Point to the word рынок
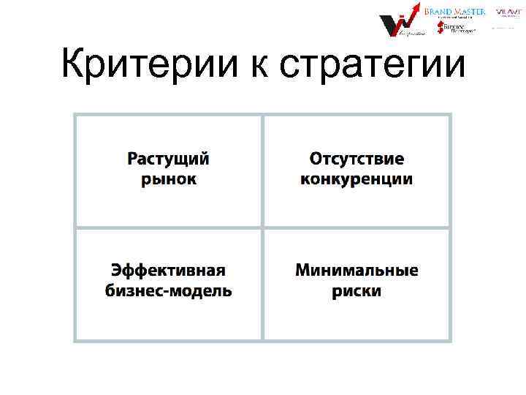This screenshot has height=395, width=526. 169,179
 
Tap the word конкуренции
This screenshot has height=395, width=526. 357,179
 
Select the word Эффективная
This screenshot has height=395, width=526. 168,271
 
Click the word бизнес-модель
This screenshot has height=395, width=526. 168,290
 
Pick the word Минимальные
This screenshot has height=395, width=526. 357,271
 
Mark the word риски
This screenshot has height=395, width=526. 357,290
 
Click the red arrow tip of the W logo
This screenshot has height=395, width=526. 416,7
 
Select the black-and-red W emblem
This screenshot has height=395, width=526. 394,25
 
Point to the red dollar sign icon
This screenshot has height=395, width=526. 440,27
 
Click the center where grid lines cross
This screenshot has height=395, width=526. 262,227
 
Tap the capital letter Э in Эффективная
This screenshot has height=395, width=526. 116,271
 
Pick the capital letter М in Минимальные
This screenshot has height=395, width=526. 302,271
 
